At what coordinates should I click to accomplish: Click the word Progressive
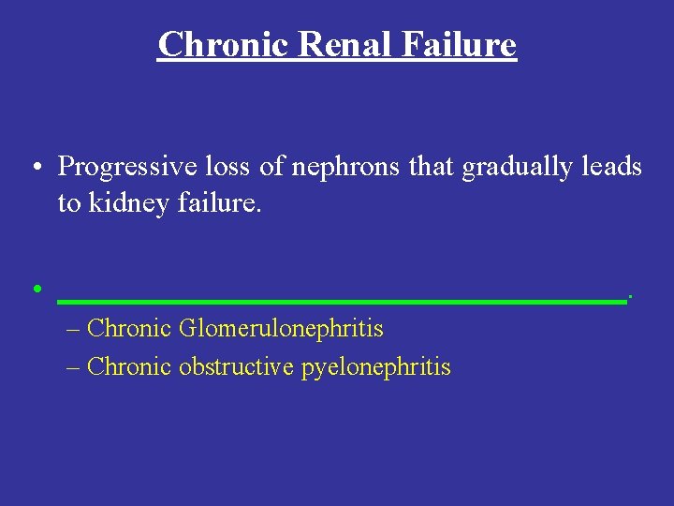pos(121,167)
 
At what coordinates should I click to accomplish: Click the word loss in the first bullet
pos(218,167)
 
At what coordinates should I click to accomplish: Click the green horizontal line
pos(342,302)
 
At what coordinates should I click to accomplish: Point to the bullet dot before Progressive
pos(35,169)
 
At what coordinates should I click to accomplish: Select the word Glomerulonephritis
pos(281,329)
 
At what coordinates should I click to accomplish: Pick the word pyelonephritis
pos(375,367)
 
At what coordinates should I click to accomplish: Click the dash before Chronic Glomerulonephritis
pos(75,330)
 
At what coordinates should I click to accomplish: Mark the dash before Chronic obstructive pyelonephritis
pos(75,367)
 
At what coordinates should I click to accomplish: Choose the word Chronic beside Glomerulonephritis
pos(128,329)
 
